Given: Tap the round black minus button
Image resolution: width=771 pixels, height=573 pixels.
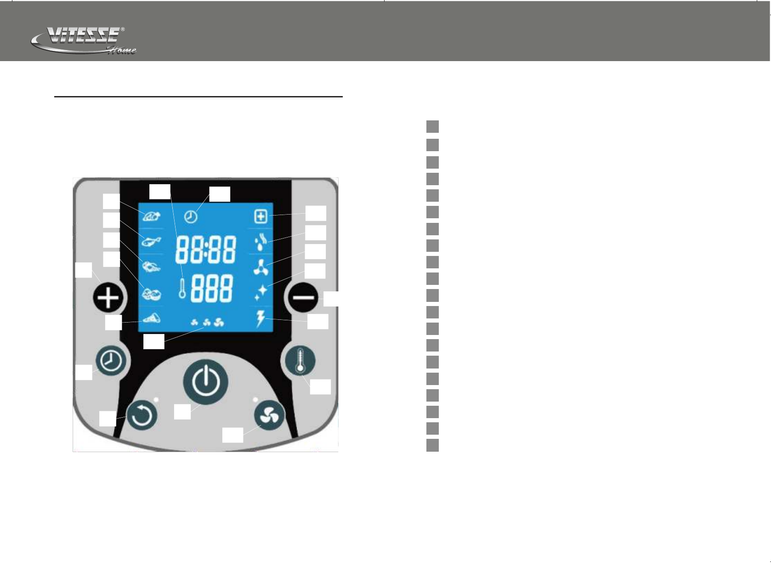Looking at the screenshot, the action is pyautogui.click(x=303, y=298).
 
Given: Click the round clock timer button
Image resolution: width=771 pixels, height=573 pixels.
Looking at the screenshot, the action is pyautogui.click(x=111, y=362).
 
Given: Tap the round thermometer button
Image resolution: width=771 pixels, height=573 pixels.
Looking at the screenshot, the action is pyautogui.click(x=300, y=361).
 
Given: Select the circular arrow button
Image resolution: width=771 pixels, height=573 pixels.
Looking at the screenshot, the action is pyautogui.click(x=142, y=416).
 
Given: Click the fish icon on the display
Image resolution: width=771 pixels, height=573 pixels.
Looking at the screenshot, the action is pyautogui.click(x=151, y=241).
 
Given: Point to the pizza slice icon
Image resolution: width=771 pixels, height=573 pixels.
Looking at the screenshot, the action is pyautogui.click(x=151, y=318).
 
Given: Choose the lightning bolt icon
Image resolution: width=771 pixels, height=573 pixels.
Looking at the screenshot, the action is pyautogui.click(x=261, y=318).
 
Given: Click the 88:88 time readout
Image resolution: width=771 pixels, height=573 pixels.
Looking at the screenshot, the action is pyautogui.click(x=206, y=251).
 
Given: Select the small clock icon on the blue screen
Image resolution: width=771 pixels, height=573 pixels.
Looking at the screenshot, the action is pyautogui.click(x=191, y=216).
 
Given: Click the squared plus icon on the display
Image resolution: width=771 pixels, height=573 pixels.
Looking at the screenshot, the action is pyautogui.click(x=261, y=216).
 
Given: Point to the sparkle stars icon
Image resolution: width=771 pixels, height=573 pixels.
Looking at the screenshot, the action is pyautogui.click(x=261, y=292).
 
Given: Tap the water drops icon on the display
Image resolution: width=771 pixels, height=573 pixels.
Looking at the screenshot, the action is pyautogui.click(x=261, y=241).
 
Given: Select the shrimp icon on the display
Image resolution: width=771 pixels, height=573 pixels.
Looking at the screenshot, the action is pyautogui.click(x=151, y=267).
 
